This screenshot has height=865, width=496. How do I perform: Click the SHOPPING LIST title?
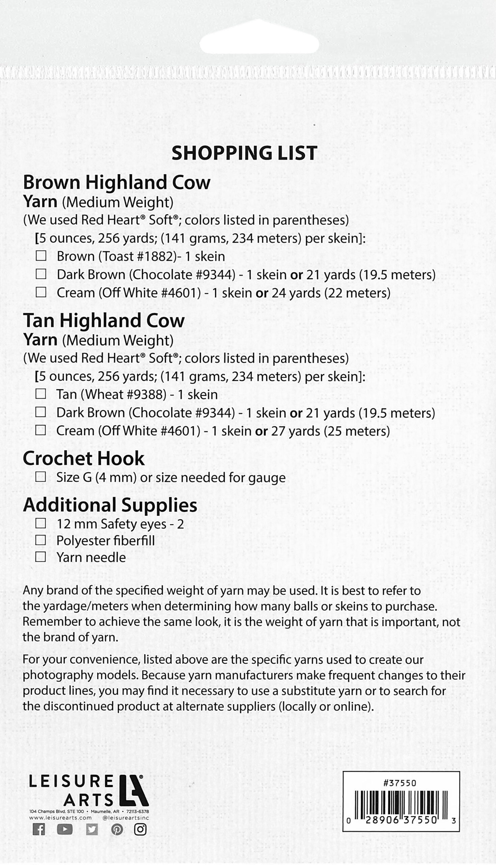click(x=244, y=153)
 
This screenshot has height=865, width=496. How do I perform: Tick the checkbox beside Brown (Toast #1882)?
click(x=41, y=256)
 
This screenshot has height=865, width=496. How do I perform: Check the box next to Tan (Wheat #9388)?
click(x=40, y=394)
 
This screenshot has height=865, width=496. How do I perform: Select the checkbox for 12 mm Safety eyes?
click(x=40, y=523)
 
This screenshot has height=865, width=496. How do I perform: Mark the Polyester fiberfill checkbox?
click(x=40, y=540)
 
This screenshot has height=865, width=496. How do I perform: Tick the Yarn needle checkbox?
click(x=40, y=557)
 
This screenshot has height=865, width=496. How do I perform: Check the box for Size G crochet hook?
click(x=40, y=477)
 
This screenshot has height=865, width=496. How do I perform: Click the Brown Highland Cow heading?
click(x=116, y=182)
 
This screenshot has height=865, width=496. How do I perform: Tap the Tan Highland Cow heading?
click(x=104, y=321)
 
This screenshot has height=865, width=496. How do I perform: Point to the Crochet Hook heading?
click(x=83, y=459)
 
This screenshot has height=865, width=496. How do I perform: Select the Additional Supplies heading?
click(x=110, y=505)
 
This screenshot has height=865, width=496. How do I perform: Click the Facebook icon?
click(x=38, y=829)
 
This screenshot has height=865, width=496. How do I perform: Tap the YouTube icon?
click(x=65, y=829)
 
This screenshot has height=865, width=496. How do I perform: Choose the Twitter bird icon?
click(x=92, y=829)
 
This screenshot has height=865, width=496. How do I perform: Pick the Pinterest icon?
click(x=117, y=829)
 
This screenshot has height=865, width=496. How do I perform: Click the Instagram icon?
click(x=140, y=829)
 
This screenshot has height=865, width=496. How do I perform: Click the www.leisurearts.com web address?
click(x=60, y=818)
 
